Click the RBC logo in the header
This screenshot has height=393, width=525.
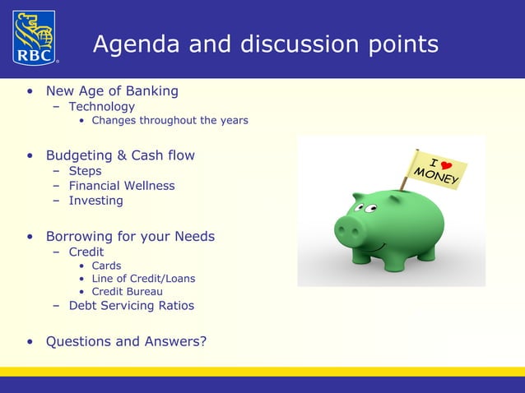click(x=34, y=37)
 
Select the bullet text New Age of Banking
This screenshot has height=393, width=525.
click(x=112, y=90)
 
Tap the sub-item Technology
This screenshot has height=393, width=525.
click(x=101, y=106)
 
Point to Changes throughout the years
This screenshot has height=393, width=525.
click(x=170, y=121)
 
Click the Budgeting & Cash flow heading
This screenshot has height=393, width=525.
click(x=120, y=155)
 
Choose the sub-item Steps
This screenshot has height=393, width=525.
click(x=85, y=171)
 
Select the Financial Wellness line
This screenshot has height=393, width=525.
click(x=122, y=186)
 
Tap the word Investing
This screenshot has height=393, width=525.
click(x=95, y=201)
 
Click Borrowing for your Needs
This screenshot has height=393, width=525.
click(x=130, y=237)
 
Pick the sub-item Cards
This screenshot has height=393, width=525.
click(x=106, y=266)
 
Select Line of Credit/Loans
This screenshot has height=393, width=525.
click(x=143, y=279)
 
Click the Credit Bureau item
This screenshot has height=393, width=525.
click(x=127, y=292)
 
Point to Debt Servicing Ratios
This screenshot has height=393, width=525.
click(x=132, y=306)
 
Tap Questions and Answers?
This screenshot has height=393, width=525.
click(x=126, y=341)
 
